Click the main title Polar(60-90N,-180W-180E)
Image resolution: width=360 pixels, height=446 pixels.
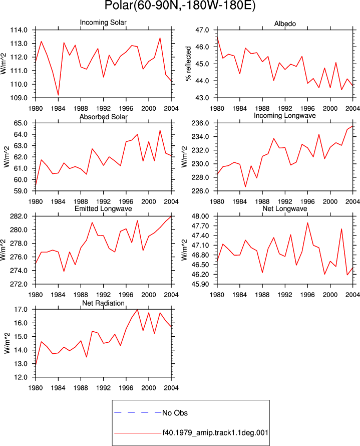click(180, 6)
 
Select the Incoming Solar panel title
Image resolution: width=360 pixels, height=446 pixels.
click(103, 22)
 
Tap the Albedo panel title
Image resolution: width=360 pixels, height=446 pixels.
click(285, 24)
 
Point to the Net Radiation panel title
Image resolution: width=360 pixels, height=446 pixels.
click(104, 303)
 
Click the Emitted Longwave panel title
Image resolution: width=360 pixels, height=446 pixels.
click(104, 208)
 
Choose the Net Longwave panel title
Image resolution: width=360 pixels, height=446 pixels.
click(285, 208)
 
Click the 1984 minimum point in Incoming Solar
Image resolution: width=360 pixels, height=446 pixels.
click(58, 95)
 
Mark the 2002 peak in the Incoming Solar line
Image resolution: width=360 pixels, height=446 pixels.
click(160, 38)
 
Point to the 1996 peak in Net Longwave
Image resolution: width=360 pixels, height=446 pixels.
click(307, 222)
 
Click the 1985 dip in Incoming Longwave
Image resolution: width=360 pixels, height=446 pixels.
click(245, 187)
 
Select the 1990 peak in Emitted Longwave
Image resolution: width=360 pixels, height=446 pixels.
click(92, 222)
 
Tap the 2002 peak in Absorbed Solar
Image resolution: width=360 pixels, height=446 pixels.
click(160, 130)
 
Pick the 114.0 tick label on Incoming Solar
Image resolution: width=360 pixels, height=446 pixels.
click(19, 30)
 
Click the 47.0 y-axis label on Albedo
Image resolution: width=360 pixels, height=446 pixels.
click(202, 30)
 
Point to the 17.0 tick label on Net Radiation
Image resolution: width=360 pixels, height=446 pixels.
click(21, 309)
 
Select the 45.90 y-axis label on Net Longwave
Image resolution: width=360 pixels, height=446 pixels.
click(200, 284)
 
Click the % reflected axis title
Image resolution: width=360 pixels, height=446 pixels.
click(188, 64)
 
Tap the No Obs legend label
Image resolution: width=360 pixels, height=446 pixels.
click(175, 413)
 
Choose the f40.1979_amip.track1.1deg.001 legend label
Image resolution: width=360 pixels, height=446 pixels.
click(215, 433)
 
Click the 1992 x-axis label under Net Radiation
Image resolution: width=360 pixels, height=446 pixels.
click(104, 388)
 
